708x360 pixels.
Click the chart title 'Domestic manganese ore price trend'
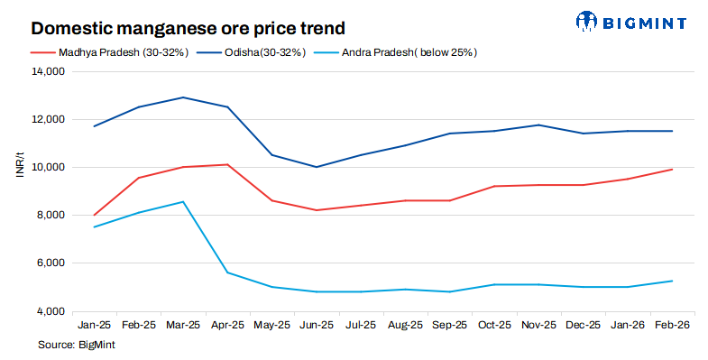(x=176, y=28)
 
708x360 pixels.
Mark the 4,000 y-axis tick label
(x=49, y=311)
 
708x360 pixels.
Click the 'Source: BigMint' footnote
(x=77, y=344)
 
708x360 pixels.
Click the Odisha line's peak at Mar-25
(x=183, y=97)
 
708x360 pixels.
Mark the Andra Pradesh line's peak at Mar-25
(x=183, y=202)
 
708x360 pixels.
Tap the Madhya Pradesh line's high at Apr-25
(x=227, y=164)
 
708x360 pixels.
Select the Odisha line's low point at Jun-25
(x=317, y=167)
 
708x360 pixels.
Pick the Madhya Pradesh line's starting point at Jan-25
(x=95, y=215)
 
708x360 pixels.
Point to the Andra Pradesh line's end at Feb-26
(x=672, y=281)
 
